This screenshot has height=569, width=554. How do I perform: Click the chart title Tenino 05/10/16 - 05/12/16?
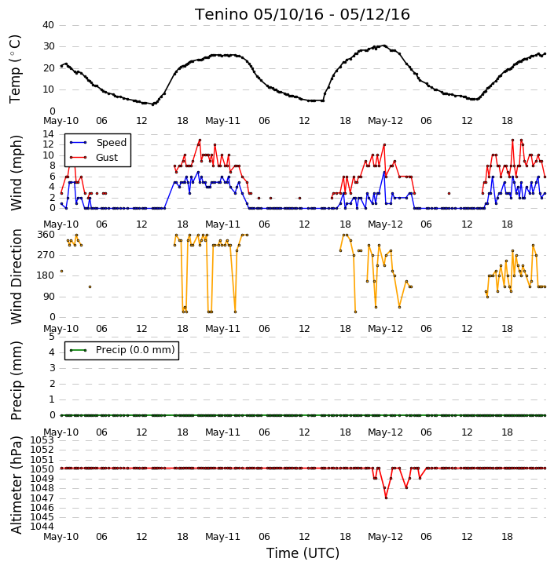(303, 14)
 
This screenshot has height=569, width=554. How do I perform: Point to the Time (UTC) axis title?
(303, 553)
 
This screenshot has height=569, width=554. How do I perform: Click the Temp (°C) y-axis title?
(15, 69)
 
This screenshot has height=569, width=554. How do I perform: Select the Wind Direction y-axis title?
(17, 276)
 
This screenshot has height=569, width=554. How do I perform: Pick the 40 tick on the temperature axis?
(48, 25)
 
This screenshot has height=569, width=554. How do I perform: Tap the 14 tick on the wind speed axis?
(48, 134)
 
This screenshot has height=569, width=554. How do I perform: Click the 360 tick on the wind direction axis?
(46, 235)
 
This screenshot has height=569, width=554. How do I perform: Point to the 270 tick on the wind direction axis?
(46, 255)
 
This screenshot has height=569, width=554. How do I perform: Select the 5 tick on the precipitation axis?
(52, 337)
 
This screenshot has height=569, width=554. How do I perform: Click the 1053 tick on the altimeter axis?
(42, 440)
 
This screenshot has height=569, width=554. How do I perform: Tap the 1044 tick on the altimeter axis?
(42, 527)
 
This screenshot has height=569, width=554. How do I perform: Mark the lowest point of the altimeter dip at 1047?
(386, 498)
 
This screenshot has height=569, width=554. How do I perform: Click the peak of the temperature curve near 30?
(384, 46)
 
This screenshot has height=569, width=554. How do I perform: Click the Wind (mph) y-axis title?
(17, 173)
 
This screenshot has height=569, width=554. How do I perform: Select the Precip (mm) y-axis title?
(17, 381)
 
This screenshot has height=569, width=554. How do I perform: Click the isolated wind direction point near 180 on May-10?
(62, 271)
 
